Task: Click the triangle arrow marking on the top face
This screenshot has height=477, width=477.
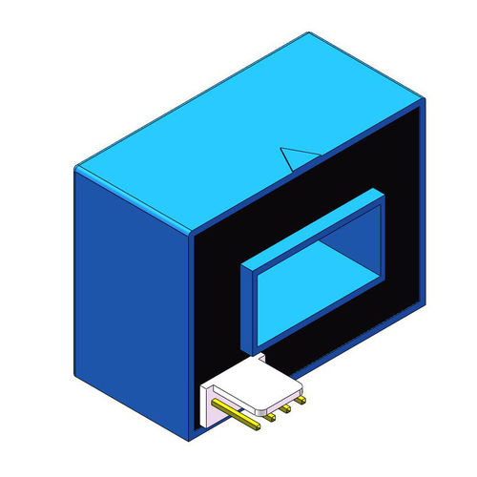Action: click(297, 158)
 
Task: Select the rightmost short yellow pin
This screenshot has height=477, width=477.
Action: click(299, 403)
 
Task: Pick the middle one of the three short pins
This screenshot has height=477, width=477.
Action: click(284, 409)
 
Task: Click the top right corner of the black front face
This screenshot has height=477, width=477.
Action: click(424, 108)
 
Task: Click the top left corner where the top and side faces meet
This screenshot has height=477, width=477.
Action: click(75, 169)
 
